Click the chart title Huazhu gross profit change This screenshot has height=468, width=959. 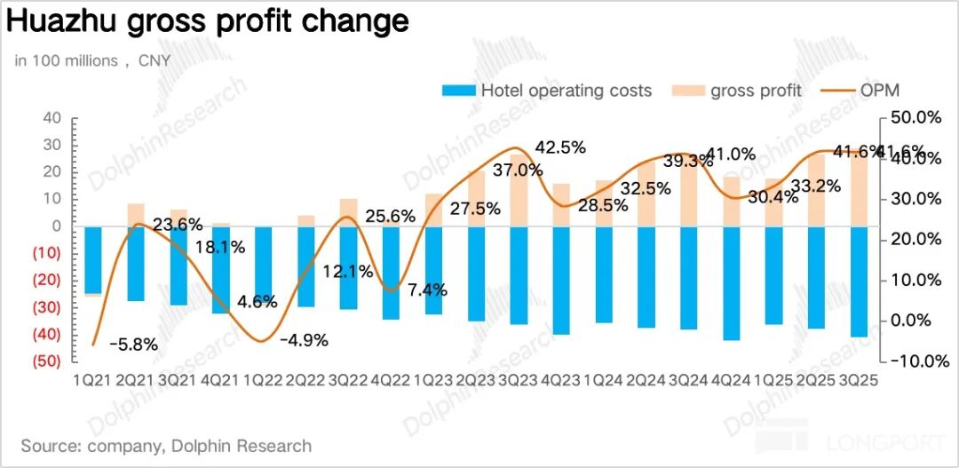coord(208,21)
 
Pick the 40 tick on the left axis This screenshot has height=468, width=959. coord(52,118)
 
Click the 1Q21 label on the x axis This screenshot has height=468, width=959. coord(93,379)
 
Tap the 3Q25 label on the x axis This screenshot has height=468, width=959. coord(860,379)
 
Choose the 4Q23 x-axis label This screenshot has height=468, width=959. coord(561,379)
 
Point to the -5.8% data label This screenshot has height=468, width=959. coord(134,345)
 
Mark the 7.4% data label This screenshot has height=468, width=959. coord(426,289)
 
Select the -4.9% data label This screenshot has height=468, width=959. coord(305,339)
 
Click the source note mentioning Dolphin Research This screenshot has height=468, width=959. coord(166,446)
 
